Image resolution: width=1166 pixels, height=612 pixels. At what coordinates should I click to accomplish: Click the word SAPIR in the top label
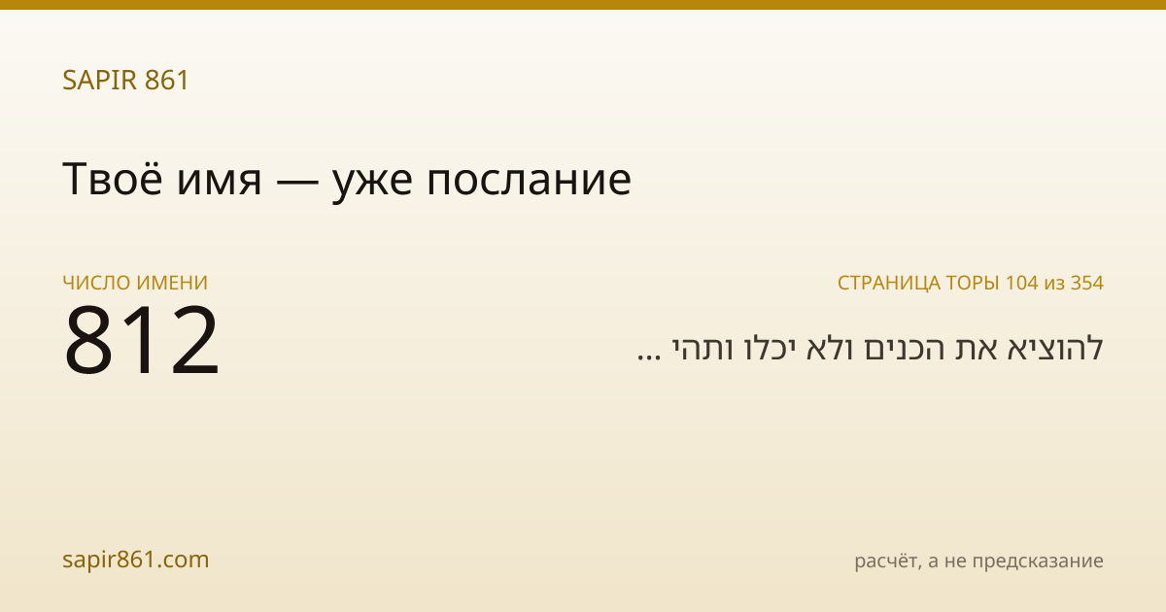pos(100,80)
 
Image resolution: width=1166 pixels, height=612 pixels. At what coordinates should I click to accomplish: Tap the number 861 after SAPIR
pos(166,80)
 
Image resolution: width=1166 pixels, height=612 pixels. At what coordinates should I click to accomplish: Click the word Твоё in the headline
pos(113,179)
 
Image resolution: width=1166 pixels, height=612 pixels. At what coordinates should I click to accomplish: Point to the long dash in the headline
pos(297,182)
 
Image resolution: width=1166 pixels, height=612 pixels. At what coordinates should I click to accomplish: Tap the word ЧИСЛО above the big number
pos(96,283)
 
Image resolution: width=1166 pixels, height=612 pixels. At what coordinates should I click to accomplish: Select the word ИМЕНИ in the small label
pos(172,283)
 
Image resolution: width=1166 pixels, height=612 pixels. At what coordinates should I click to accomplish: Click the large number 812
pos(142,339)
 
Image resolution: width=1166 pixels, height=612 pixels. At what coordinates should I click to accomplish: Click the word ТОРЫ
pos(973,283)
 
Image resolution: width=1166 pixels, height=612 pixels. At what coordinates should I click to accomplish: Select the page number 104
pos(1022,283)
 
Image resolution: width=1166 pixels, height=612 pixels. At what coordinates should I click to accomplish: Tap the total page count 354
pos(1087,283)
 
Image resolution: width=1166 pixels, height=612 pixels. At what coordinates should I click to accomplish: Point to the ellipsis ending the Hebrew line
pos(649,357)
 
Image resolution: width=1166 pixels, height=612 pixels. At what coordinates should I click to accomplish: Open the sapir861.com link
pos(135,560)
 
